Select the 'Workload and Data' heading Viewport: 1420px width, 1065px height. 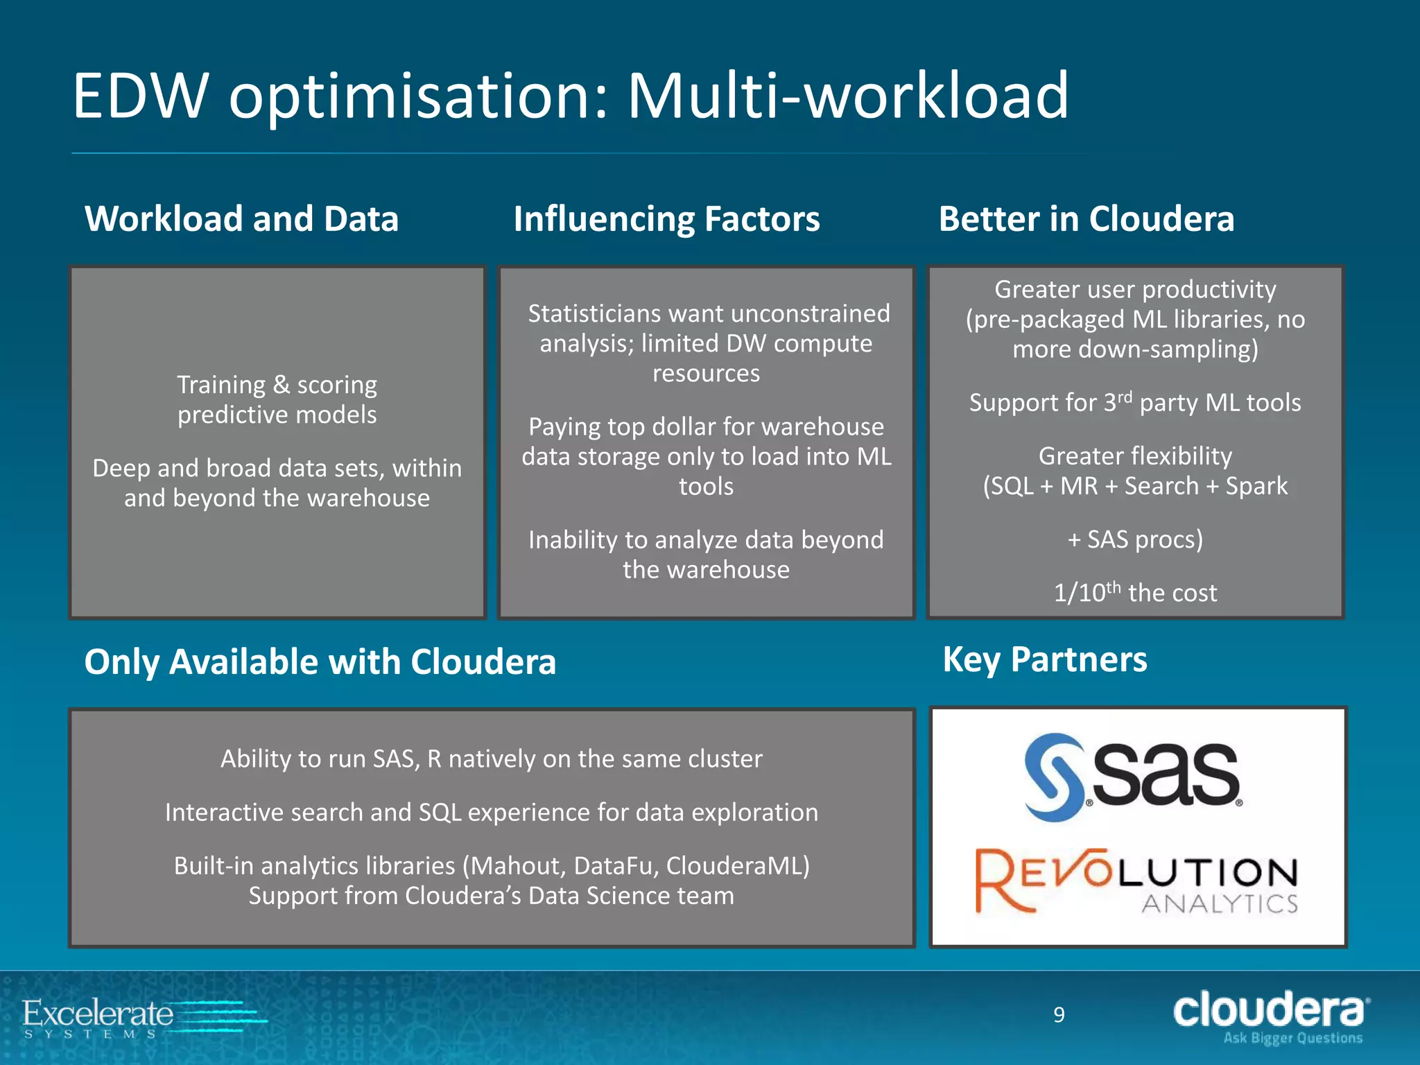241,219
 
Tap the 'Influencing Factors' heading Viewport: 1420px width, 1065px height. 666,219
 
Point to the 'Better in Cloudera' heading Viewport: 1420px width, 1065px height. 1086,219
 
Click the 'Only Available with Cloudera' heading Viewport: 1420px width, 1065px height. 320,661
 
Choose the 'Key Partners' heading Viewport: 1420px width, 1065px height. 1045,659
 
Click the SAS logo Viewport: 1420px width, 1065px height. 1133,777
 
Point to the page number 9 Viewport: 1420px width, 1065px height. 1059,1015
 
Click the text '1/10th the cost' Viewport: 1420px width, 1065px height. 1135,593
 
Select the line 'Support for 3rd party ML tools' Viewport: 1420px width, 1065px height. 1135,403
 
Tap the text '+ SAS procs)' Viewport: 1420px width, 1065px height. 1135,539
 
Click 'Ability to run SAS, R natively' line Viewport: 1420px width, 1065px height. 491,759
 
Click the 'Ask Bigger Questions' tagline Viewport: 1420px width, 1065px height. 1292,1039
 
